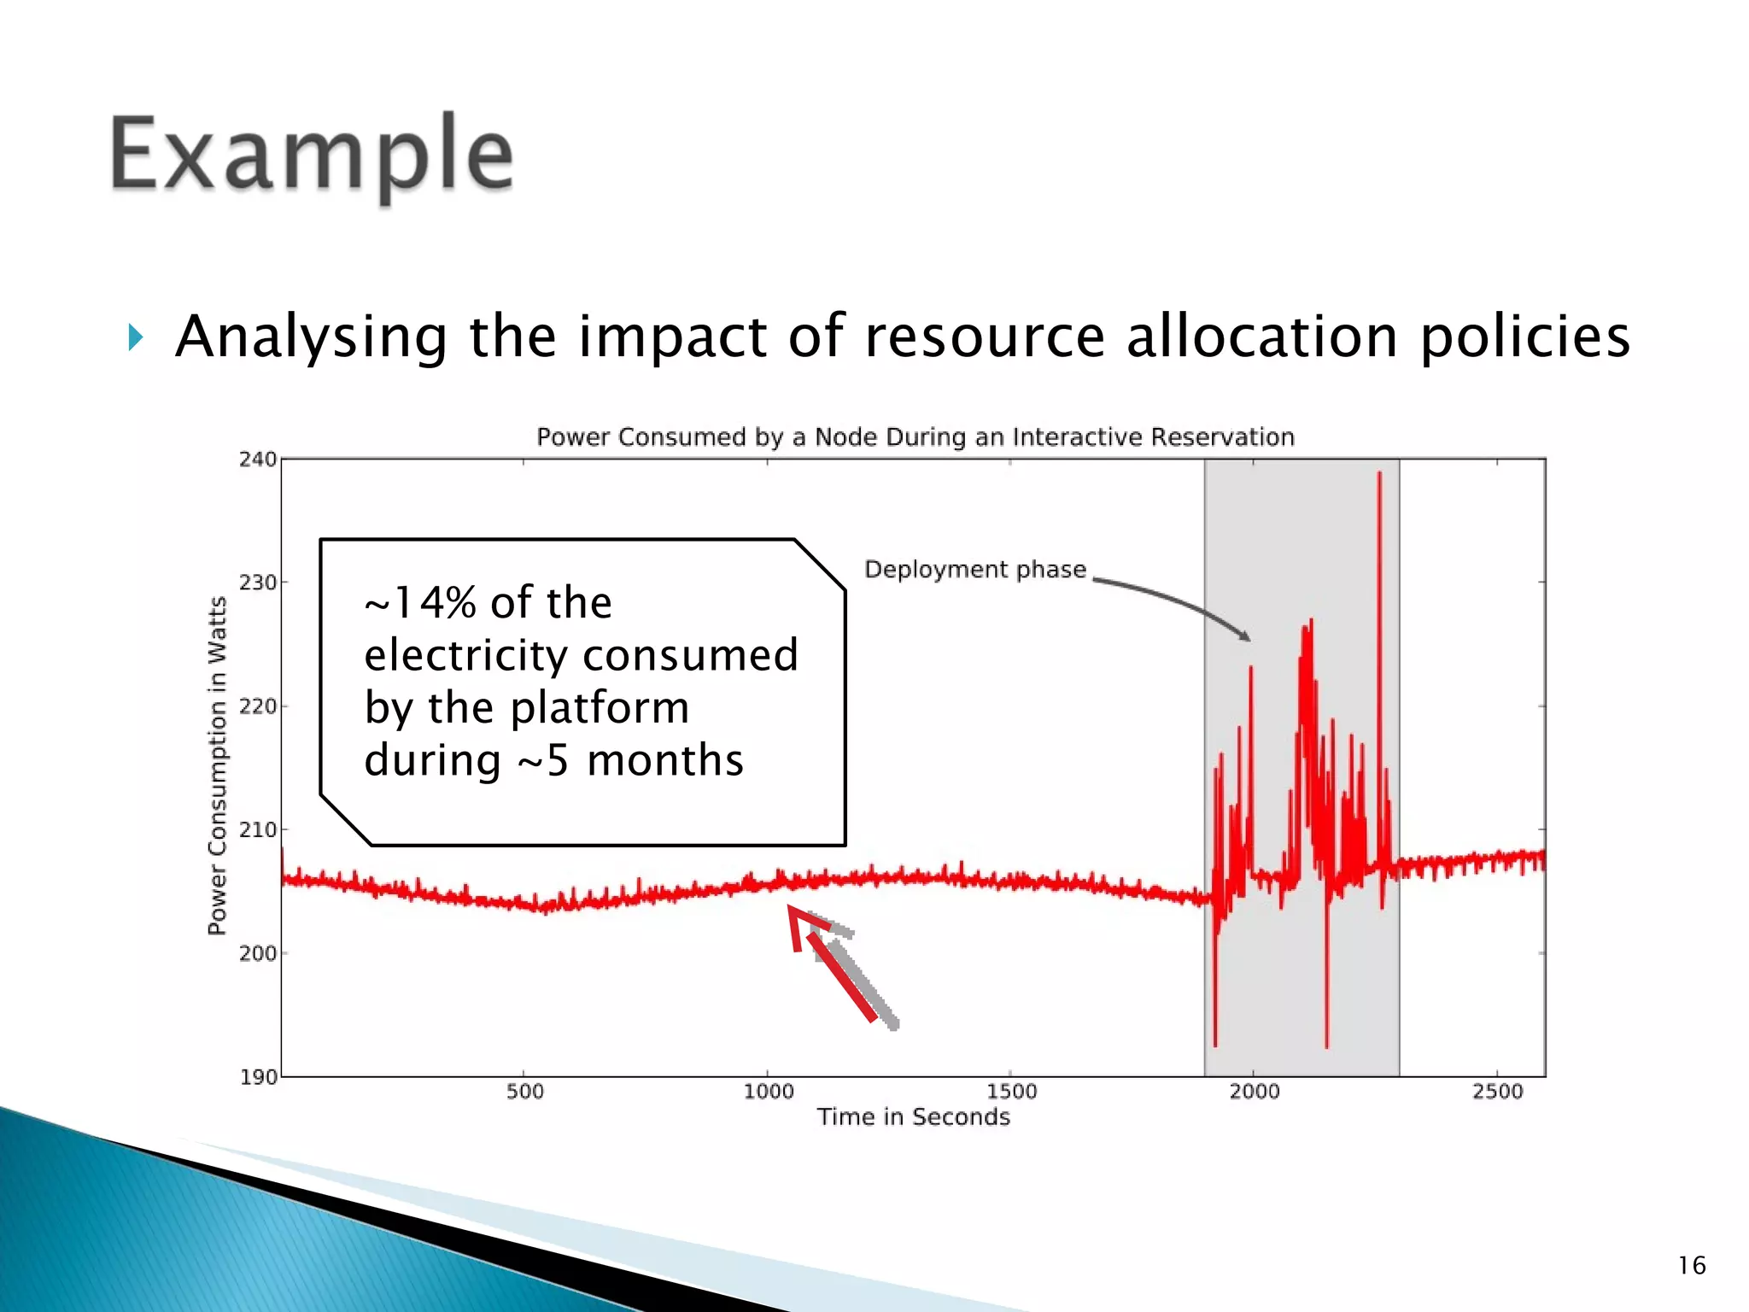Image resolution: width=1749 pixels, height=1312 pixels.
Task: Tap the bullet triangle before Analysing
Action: (135, 337)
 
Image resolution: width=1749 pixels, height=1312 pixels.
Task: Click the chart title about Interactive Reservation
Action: (915, 437)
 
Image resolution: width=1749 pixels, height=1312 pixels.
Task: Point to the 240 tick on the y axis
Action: (257, 460)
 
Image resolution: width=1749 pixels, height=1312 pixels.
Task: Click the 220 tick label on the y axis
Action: (257, 706)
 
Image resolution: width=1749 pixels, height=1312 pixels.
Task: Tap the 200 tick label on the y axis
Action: (257, 953)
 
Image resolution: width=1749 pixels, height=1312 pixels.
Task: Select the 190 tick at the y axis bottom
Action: (257, 1077)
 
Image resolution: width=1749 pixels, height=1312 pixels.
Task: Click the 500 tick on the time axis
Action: (524, 1092)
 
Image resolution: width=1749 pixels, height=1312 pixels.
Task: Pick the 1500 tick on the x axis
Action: (1011, 1092)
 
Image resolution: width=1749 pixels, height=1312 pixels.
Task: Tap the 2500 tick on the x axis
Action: (1497, 1092)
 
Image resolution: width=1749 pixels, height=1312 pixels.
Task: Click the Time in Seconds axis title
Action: (913, 1117)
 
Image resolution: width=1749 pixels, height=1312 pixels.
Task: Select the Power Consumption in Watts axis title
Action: (218, 765)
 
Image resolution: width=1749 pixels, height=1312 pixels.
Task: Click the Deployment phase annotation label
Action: (975, 570)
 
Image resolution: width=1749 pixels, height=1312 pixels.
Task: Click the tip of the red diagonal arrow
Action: (791, 910)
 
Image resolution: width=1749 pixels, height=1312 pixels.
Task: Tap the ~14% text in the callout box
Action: (419, 603)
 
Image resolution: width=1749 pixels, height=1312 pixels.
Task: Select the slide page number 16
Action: (1691, 1265)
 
